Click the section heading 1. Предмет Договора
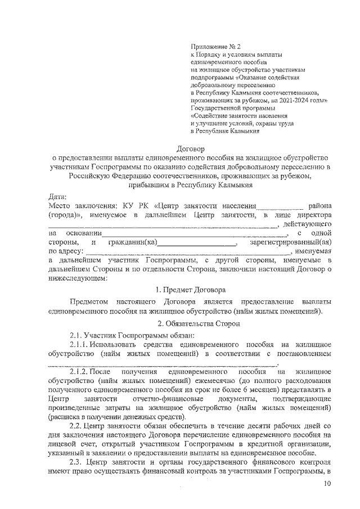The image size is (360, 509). point(191,290)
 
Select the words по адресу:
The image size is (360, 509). point(66,251)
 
